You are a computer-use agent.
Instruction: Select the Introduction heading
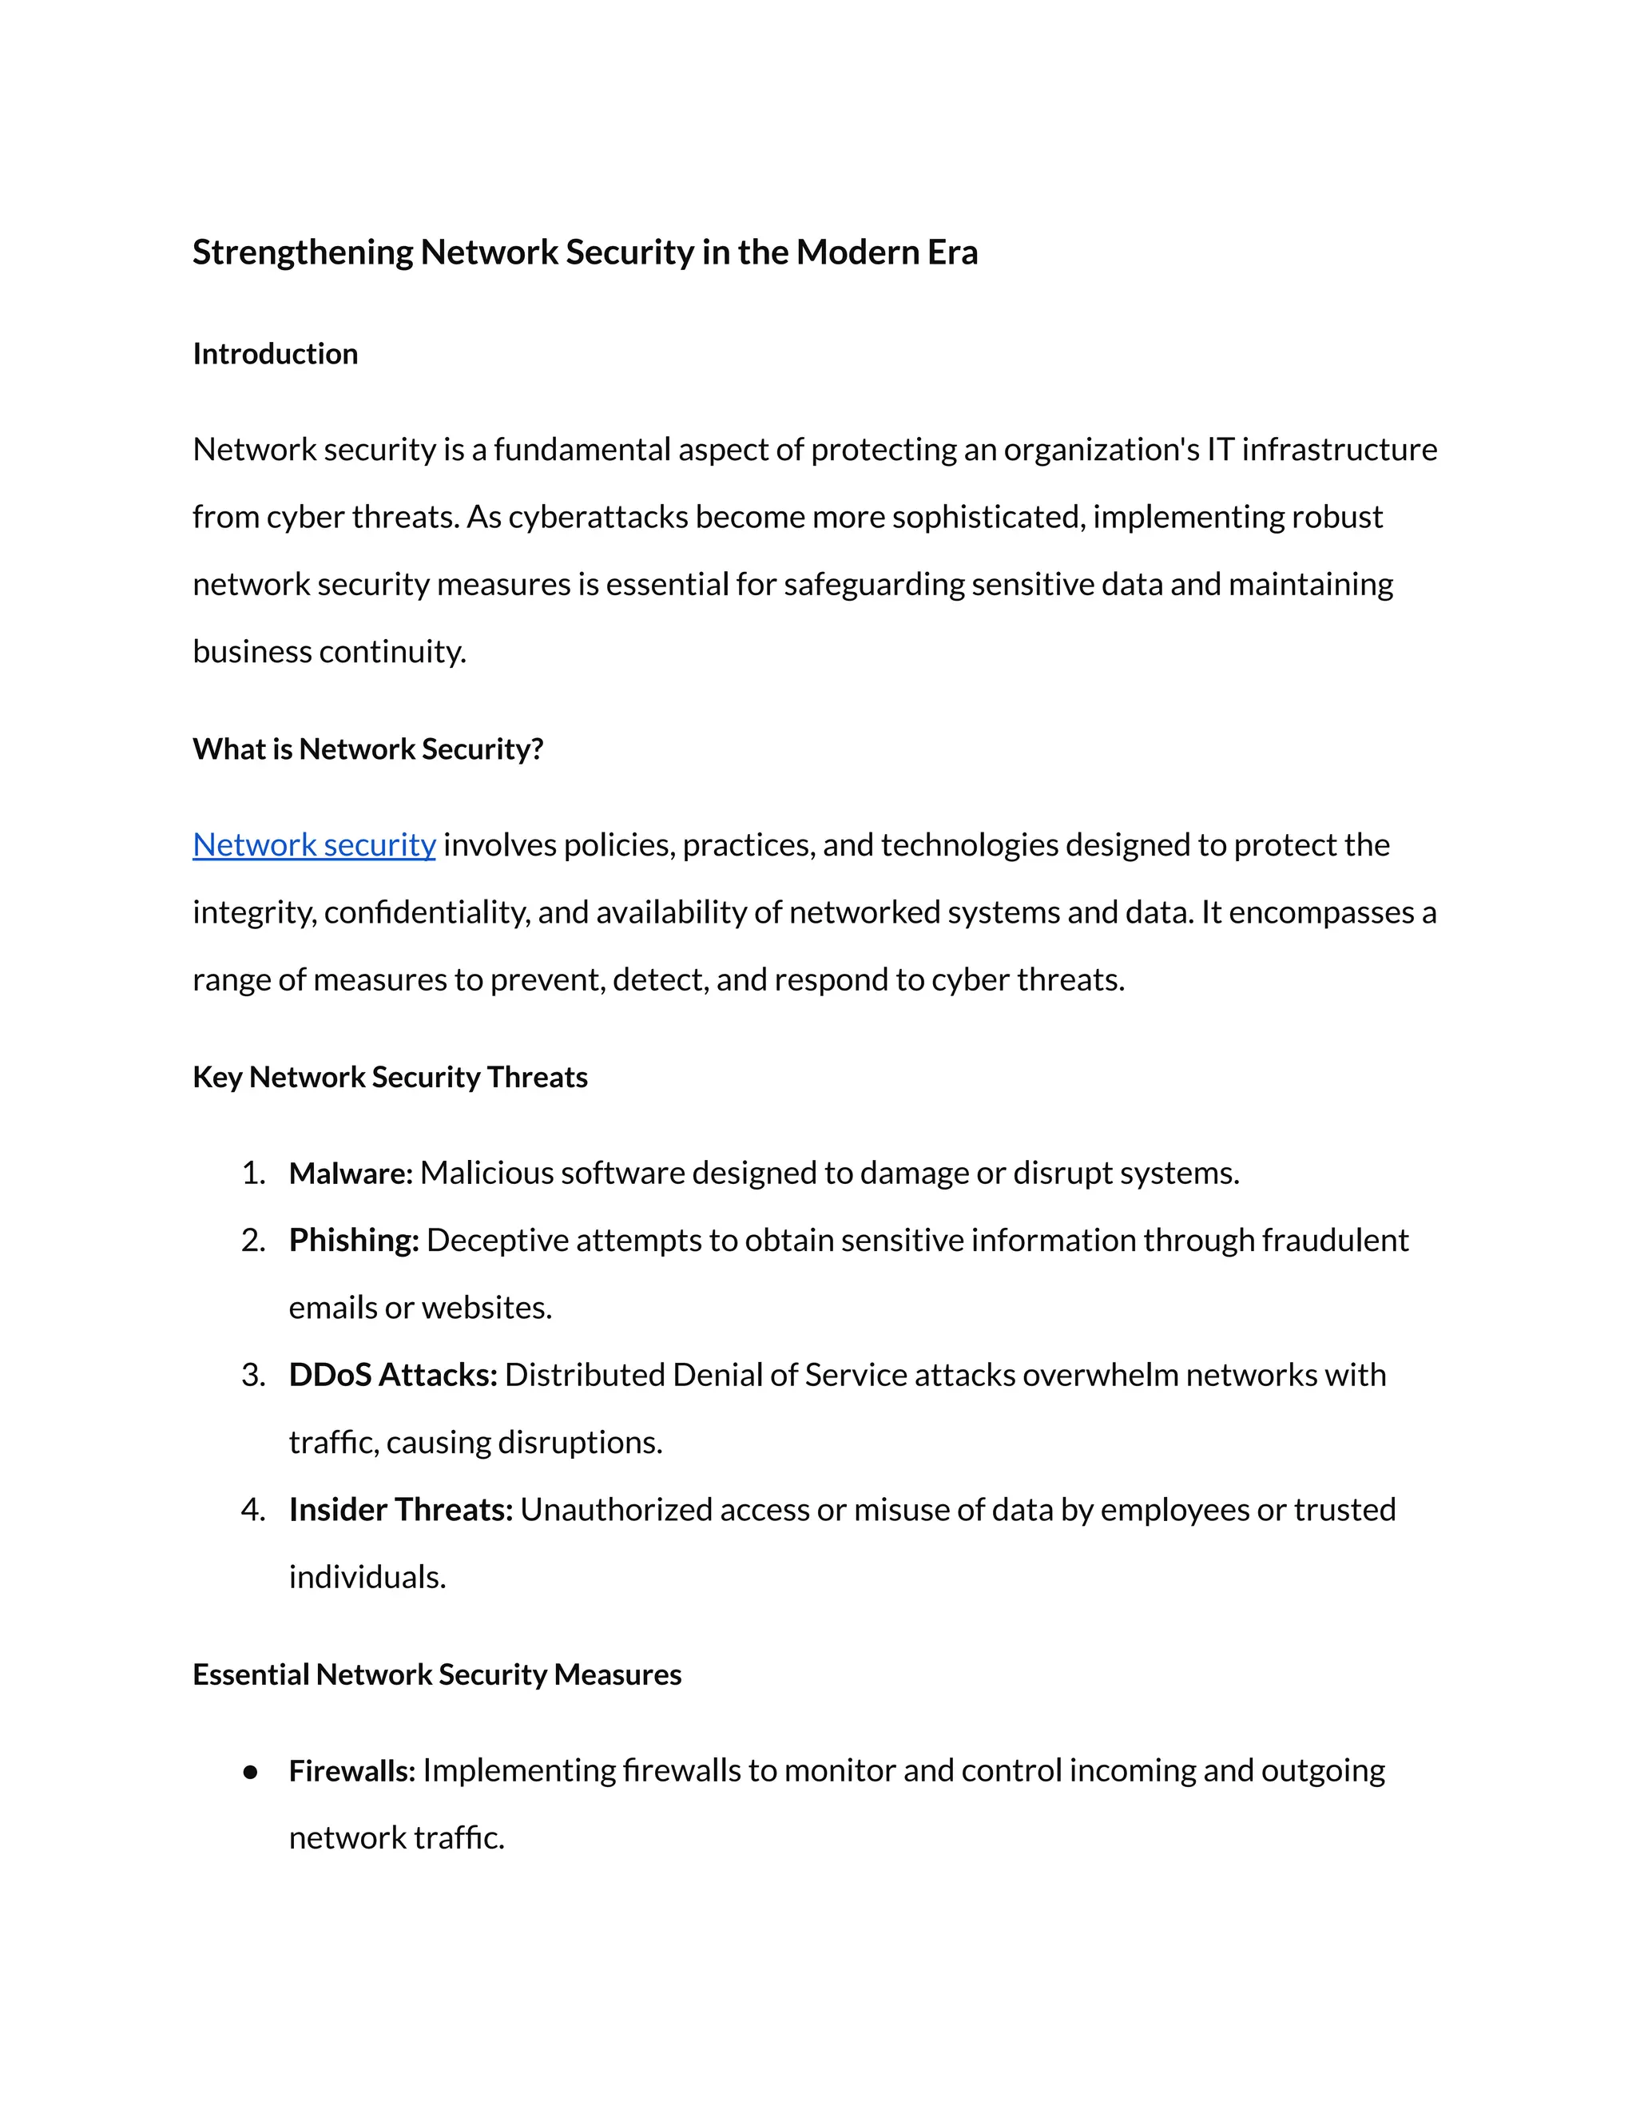[276, 354]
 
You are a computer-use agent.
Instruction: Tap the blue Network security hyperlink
[314, 845]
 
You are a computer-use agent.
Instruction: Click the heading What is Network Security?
[367, 749]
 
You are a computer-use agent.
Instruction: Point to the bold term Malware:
[350, 1174]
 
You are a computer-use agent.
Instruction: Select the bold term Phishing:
[353, 1241]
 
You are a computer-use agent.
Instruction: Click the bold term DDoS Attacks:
[392, 1376]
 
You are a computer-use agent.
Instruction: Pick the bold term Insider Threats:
[400, 1510]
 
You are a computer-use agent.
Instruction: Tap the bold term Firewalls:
[351, 1771]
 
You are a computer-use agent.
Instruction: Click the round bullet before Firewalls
[251, 1772]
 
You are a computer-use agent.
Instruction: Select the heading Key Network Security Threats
[390, 1078]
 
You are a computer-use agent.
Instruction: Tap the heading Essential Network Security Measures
[436, 1675]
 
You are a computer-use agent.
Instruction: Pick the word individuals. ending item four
[367, 1577]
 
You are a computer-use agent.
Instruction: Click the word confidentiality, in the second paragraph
[427, 913]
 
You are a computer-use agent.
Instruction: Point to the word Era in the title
[953, 253]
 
